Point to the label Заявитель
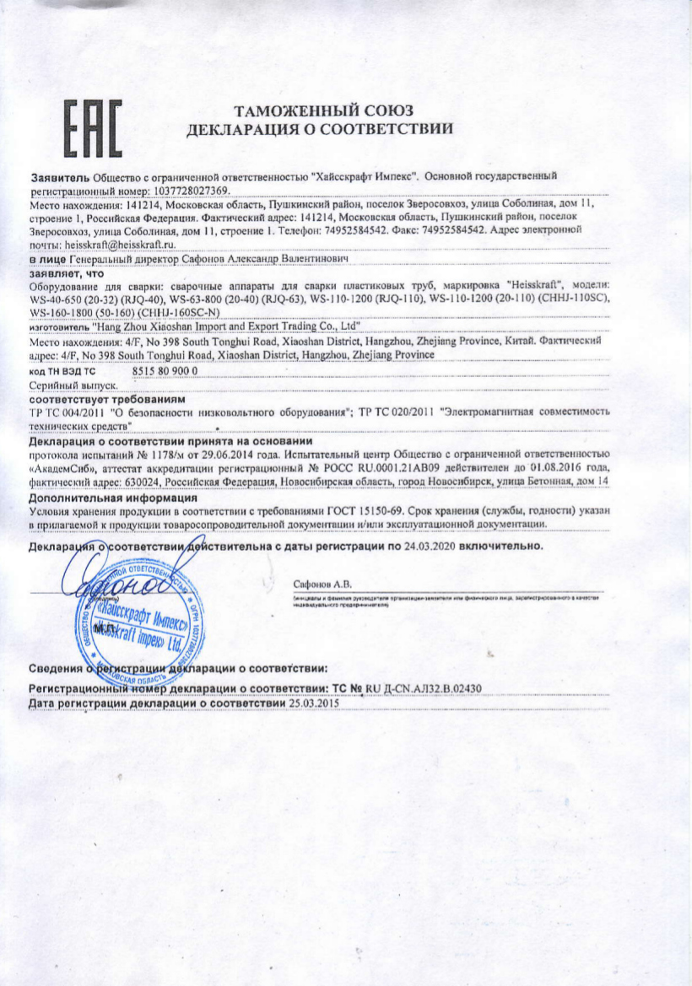coord(59,179)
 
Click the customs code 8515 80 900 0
coord(165,370)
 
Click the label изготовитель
coord(59,325)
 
